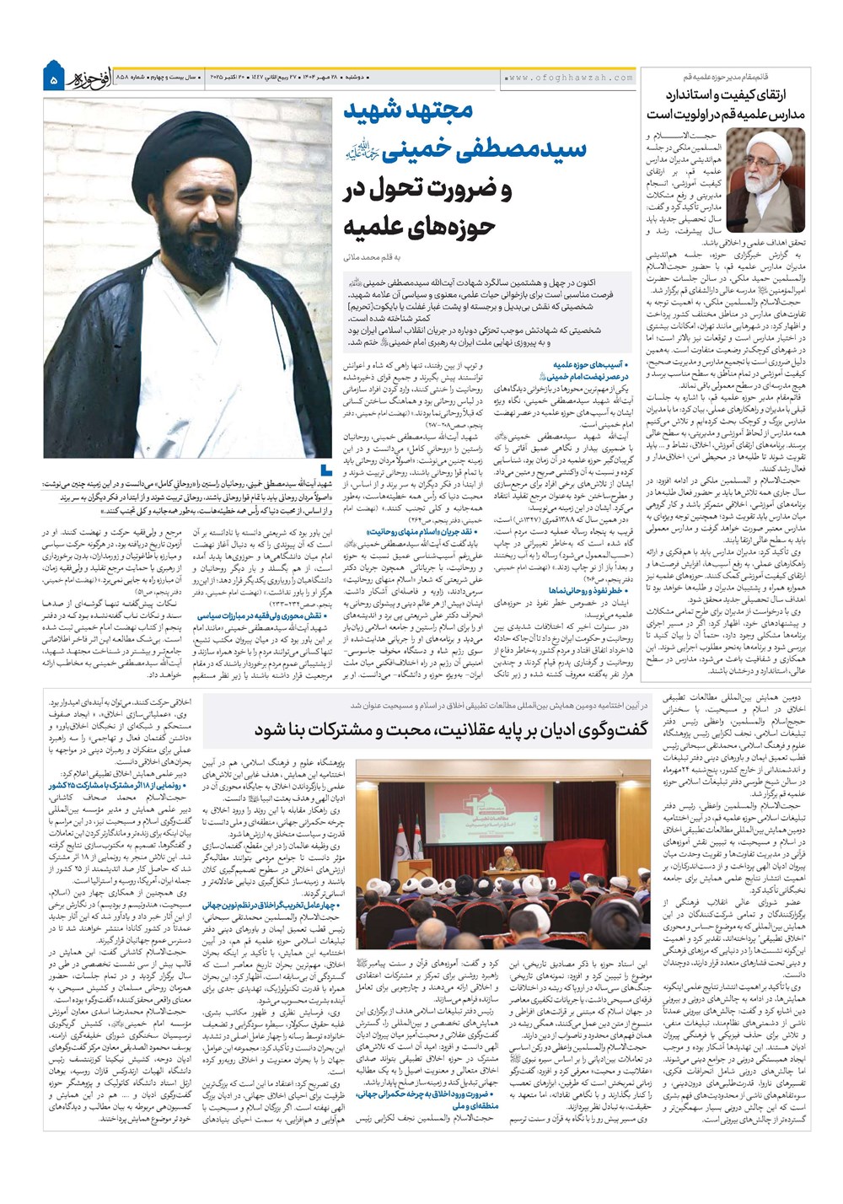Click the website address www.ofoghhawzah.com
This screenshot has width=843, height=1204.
[570, 78]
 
